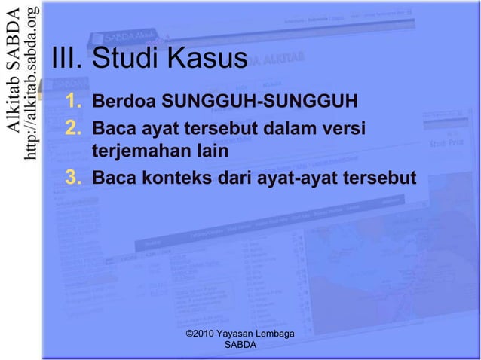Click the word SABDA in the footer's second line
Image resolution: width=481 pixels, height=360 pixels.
240,345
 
